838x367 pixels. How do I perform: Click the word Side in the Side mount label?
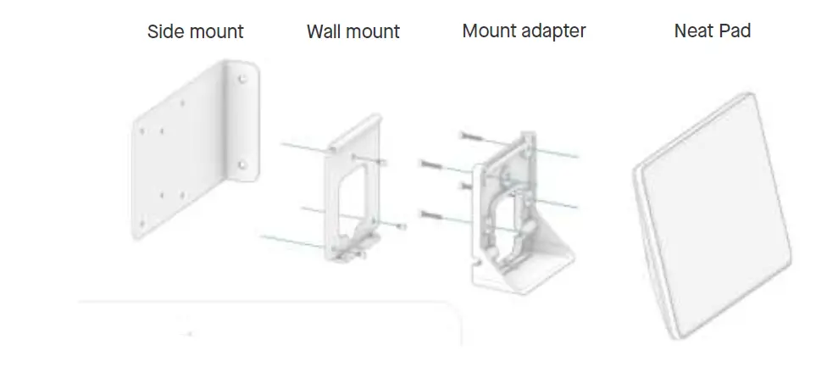click(167, 32)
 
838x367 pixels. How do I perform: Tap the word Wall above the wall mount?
click(325, 32)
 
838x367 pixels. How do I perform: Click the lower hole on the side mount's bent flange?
click(242, 164)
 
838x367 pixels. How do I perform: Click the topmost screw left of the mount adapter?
click(469, 136)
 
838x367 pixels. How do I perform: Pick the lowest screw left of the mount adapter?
click(431, 213)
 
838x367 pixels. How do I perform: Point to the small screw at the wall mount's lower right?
click(401, 226)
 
